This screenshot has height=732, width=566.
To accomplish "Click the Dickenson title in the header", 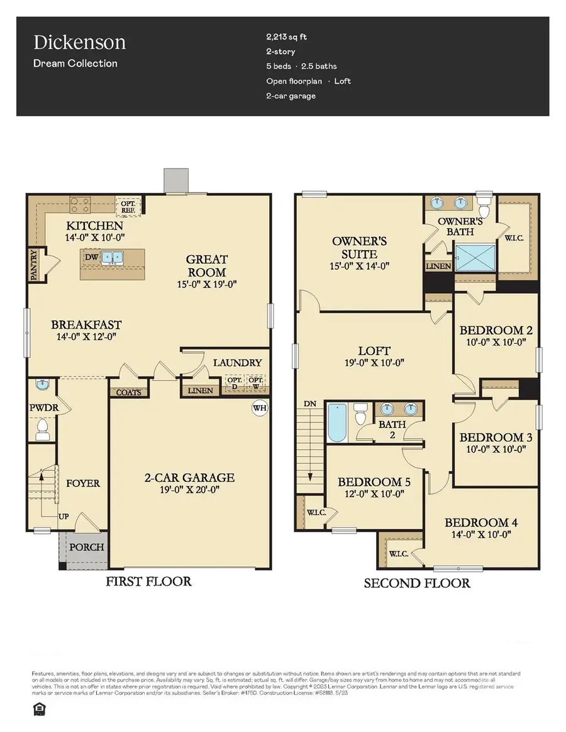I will pyautogui.click(x=79, y=43).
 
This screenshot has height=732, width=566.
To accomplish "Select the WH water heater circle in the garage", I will pyautogui.click(x=259, y=408).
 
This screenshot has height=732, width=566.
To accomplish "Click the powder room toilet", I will pyautogui.click(x=43, y=430).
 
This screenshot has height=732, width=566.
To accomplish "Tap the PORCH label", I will pyautogui.click(x=86, y=547).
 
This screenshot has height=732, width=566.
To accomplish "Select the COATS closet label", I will pyautogui.click(x=129, y=392).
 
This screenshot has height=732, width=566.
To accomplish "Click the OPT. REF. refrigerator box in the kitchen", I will pyautogui.click(x=129, y=205).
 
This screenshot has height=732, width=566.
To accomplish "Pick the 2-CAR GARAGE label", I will pyautogui.click(x=187, y=478).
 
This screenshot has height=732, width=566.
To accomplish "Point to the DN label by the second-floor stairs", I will pyautogui.click(x=310, y=403).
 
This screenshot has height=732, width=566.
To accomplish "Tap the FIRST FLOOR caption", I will pyautogui.click(x=149, y=581).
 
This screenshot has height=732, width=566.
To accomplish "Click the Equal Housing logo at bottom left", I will pyautogui.click(x=38, y=709).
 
